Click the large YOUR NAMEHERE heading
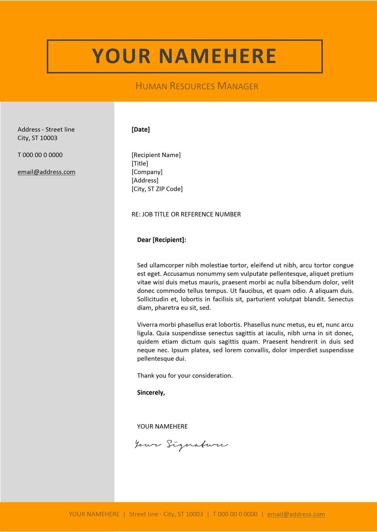[184, 56]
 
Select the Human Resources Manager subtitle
[197, 86]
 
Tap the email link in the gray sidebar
[46, 172]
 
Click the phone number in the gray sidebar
[40, 155]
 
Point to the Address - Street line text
[46, 129]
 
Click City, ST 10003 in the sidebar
[37, 138]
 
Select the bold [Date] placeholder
[141, 129]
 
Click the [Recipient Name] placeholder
[156, 155]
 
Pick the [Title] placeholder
[140, 163]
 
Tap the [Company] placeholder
[147, 172]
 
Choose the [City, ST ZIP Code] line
[157, 189]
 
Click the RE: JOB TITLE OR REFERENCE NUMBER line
[186, 214]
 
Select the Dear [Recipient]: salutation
[161, 240]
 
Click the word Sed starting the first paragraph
[142, 265]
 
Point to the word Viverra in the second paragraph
[147, 325]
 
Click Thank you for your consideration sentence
[185, 376]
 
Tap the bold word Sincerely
[151, 392]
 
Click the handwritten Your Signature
[181, 445]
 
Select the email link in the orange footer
[296, 514]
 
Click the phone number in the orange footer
[235, 514]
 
